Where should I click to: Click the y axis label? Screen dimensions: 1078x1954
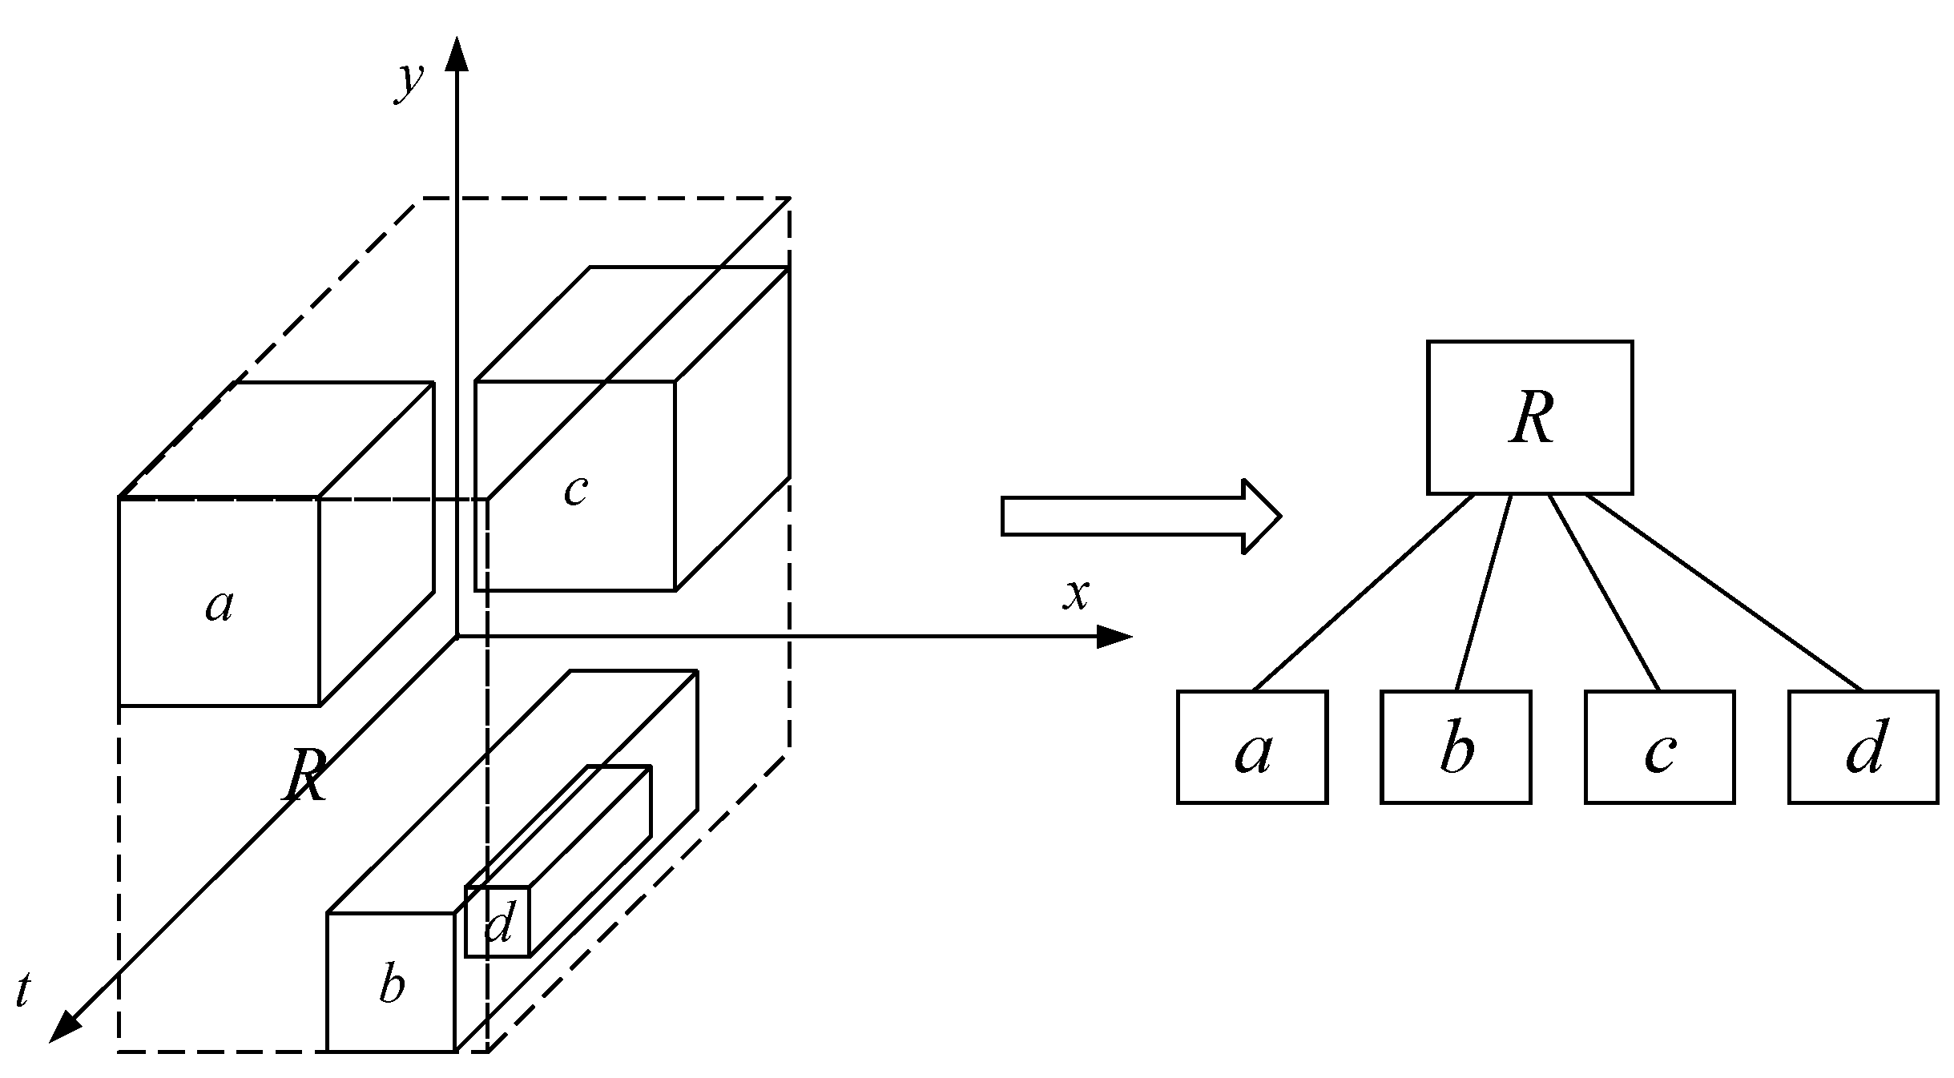pyautogui.click(x=409, y=82)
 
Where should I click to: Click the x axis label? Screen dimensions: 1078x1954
pyautogui.click(x=1076, y=595)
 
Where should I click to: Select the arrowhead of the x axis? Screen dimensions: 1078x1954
pyautogui.click(x=1114, y=637)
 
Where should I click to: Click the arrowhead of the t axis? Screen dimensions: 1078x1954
pyautogui.click(x=62, y=1029)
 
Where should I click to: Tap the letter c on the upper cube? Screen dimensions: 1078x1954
pyautogui.click(x=575, y=491)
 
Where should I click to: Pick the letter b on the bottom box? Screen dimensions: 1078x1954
pyautogui.click(x=392, y=984)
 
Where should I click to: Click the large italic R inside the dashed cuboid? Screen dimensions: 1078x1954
pyautogui.click(x=305, y=776)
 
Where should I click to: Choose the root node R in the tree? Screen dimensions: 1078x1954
pyautogui.click(x=1529, y=417)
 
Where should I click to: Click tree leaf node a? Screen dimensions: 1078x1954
pyautogui.click(x=1251, y=747)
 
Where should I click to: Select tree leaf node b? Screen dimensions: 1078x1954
pyautogui.click(x=1456, y=747)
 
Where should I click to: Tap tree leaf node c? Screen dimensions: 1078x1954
pyautogui.click(x=1659, y=747)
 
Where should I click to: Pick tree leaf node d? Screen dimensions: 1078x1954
pyautogui.click(x=1863, y=747)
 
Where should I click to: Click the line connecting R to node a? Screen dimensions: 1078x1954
pyautogui.click(x=1362, y=593)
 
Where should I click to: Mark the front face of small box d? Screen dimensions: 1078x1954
pyautogui.click(x=498, y=921)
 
